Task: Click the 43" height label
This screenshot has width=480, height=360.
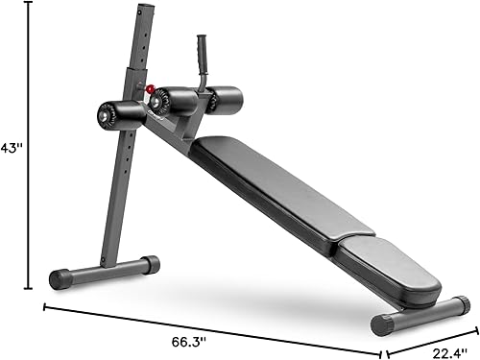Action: coord(11,149)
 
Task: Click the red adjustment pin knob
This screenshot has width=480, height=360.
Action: coord(140,92)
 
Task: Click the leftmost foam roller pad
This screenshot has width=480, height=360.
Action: coord(118,113)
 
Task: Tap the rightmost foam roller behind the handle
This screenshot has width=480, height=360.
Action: coord(224,96)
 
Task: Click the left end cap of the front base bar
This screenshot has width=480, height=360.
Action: coord(61,279)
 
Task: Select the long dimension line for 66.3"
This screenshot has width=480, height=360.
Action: coord(211,326)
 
